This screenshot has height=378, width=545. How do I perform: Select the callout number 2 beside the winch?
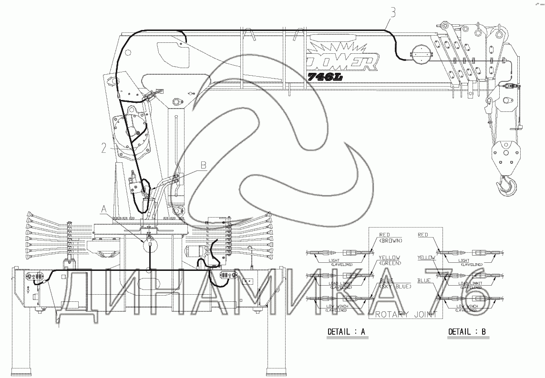click(103, 148)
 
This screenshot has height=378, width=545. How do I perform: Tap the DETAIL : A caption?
click(346, 332)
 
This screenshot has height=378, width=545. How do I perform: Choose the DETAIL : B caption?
click(466, 332)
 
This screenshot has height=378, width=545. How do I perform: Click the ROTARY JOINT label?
click(406, 314)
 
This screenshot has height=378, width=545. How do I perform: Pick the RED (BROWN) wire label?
click(390, 238)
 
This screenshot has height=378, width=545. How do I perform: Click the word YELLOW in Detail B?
click(426, 258)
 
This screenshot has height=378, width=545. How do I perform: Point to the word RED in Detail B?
click(422, 235)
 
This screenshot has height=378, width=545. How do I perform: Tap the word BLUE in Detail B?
click(424, 281)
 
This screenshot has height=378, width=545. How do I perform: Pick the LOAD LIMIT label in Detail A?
click(340, 285)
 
